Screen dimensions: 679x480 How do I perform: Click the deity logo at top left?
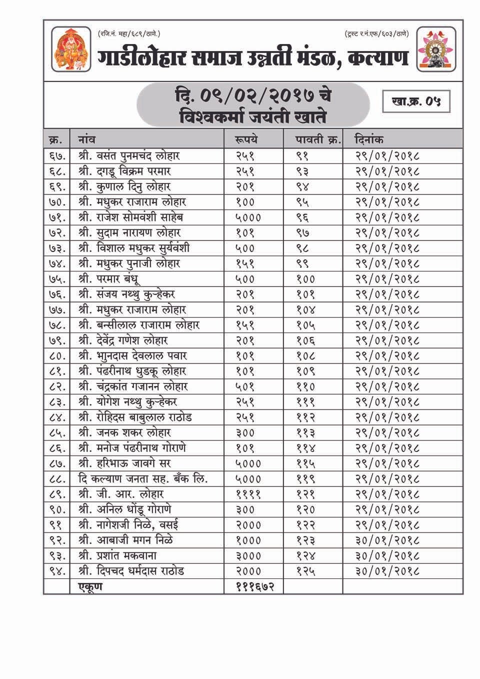pyautogui.click(x=71, y=48)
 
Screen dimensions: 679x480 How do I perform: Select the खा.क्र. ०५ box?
pyautogui.click(x=415, y=101)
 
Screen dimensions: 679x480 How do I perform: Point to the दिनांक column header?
pyautogui.click(x=369, y=139)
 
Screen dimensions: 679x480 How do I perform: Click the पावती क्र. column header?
pyautogui.click(x=318, y=139)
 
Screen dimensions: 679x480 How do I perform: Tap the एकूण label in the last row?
pyautogui.click(x=90, y=586)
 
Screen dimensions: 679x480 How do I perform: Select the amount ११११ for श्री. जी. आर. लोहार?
pyautogui.click(x=248, y=494)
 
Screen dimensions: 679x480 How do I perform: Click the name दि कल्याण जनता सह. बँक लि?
pyautogui.click(x=143, y=478)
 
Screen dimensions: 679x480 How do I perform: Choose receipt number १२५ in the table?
pyautogui.click(x=305, y=571)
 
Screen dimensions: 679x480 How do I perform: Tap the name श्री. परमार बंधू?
pyautogui.click(x=108, y=278)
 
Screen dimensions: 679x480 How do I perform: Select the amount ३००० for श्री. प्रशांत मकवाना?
pyautogui.click(x=248, y=555)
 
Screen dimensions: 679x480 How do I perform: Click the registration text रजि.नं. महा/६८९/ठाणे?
pyautogui.click(x=128, y=34)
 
